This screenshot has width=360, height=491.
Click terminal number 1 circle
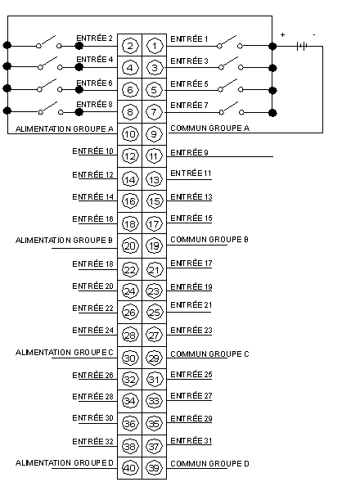(155, 46)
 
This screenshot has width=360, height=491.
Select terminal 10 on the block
(130, 134)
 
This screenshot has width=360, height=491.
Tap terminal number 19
(155, 245)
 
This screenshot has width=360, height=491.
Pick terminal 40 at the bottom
(130, 468)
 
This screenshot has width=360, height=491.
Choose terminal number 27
(155, 336)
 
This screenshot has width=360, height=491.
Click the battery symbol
(302, 47)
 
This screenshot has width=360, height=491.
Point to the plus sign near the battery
(282, 34)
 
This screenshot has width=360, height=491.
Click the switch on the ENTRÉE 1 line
(230, 43)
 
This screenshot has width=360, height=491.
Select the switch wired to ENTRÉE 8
(51, 108)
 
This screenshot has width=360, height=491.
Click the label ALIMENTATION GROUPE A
(64, 129)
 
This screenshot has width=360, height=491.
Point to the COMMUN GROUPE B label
(209, 240)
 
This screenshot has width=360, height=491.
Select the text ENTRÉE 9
(189, 153)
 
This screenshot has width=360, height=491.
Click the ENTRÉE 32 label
(92, 442)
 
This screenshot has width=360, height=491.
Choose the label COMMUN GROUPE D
(209, 463)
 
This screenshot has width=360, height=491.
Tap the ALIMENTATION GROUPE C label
(64, 353)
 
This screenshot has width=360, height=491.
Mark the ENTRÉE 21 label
(191, 305)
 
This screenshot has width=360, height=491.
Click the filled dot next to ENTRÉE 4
(79, 67)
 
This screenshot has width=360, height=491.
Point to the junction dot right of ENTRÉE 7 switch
(272, 113)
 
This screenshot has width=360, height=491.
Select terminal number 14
(130, 179)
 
